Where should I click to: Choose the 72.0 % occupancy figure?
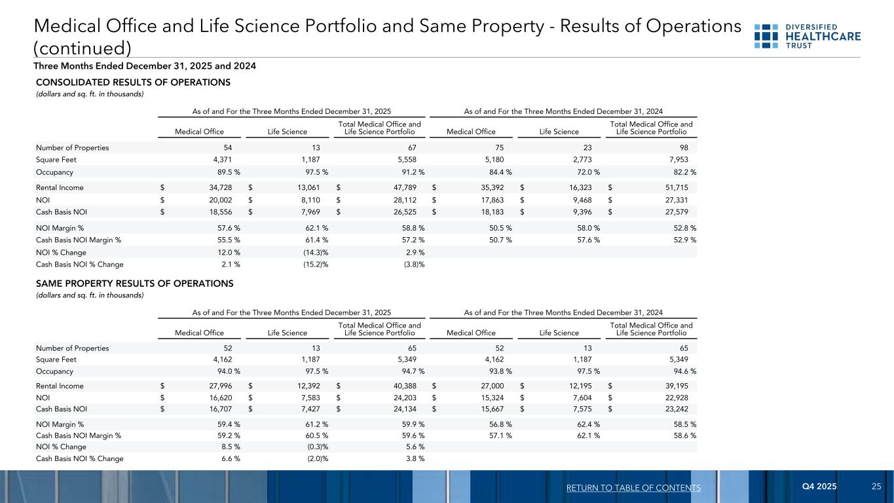click(587, 172)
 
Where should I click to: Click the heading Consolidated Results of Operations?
click(133, 83)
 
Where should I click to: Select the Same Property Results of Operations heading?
click(134, 284)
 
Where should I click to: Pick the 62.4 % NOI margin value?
click(587, 424)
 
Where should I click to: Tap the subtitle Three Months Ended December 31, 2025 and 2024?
click(145, 66)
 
